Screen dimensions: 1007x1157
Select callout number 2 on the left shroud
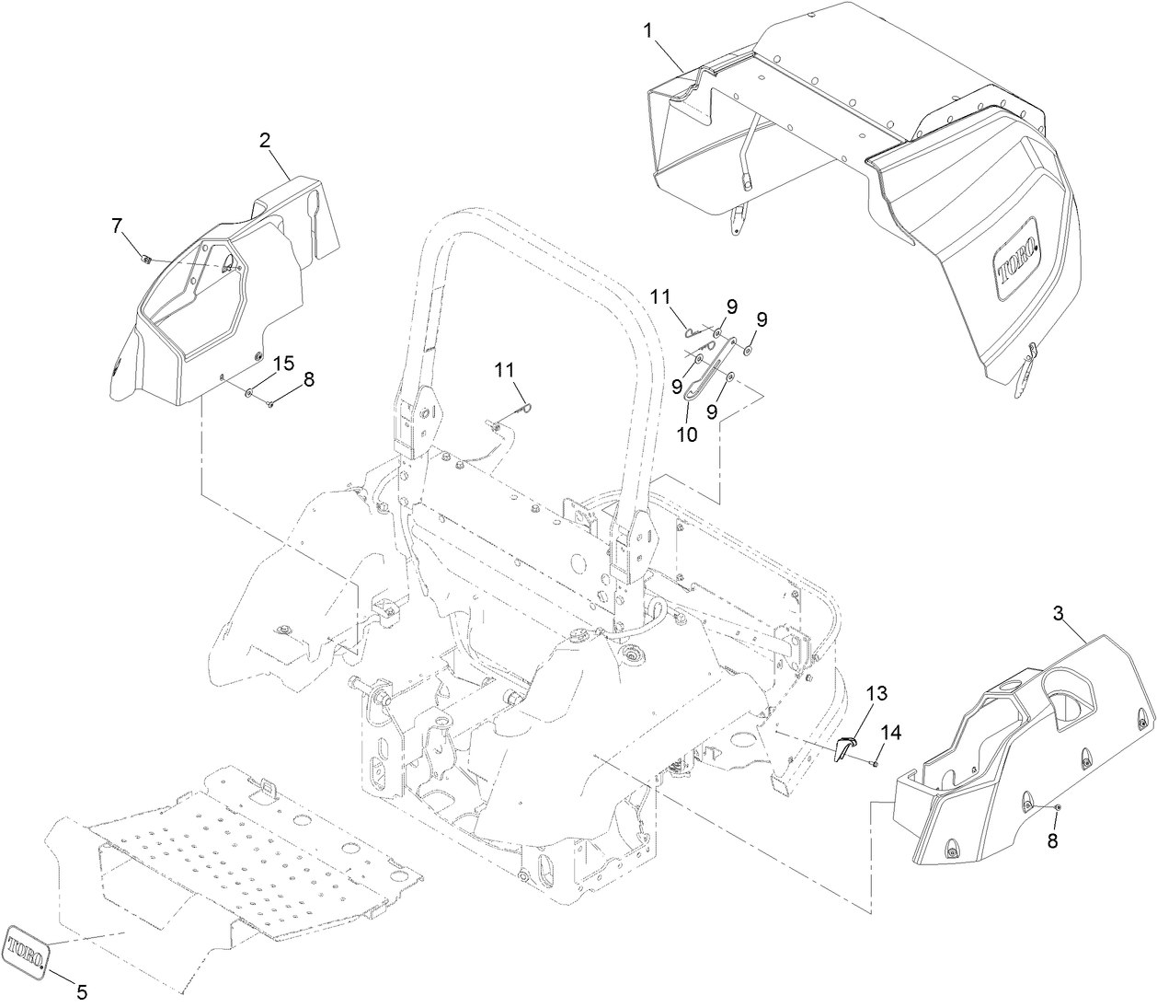265,141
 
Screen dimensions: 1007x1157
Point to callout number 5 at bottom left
81,992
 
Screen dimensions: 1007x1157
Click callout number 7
116,225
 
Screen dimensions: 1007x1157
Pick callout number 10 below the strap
687,434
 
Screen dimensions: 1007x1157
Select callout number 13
876,692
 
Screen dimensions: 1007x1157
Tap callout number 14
890,733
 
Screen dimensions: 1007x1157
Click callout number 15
284,363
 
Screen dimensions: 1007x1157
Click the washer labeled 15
249,393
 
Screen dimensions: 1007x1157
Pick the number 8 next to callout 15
308,378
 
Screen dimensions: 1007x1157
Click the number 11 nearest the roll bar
504,369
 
